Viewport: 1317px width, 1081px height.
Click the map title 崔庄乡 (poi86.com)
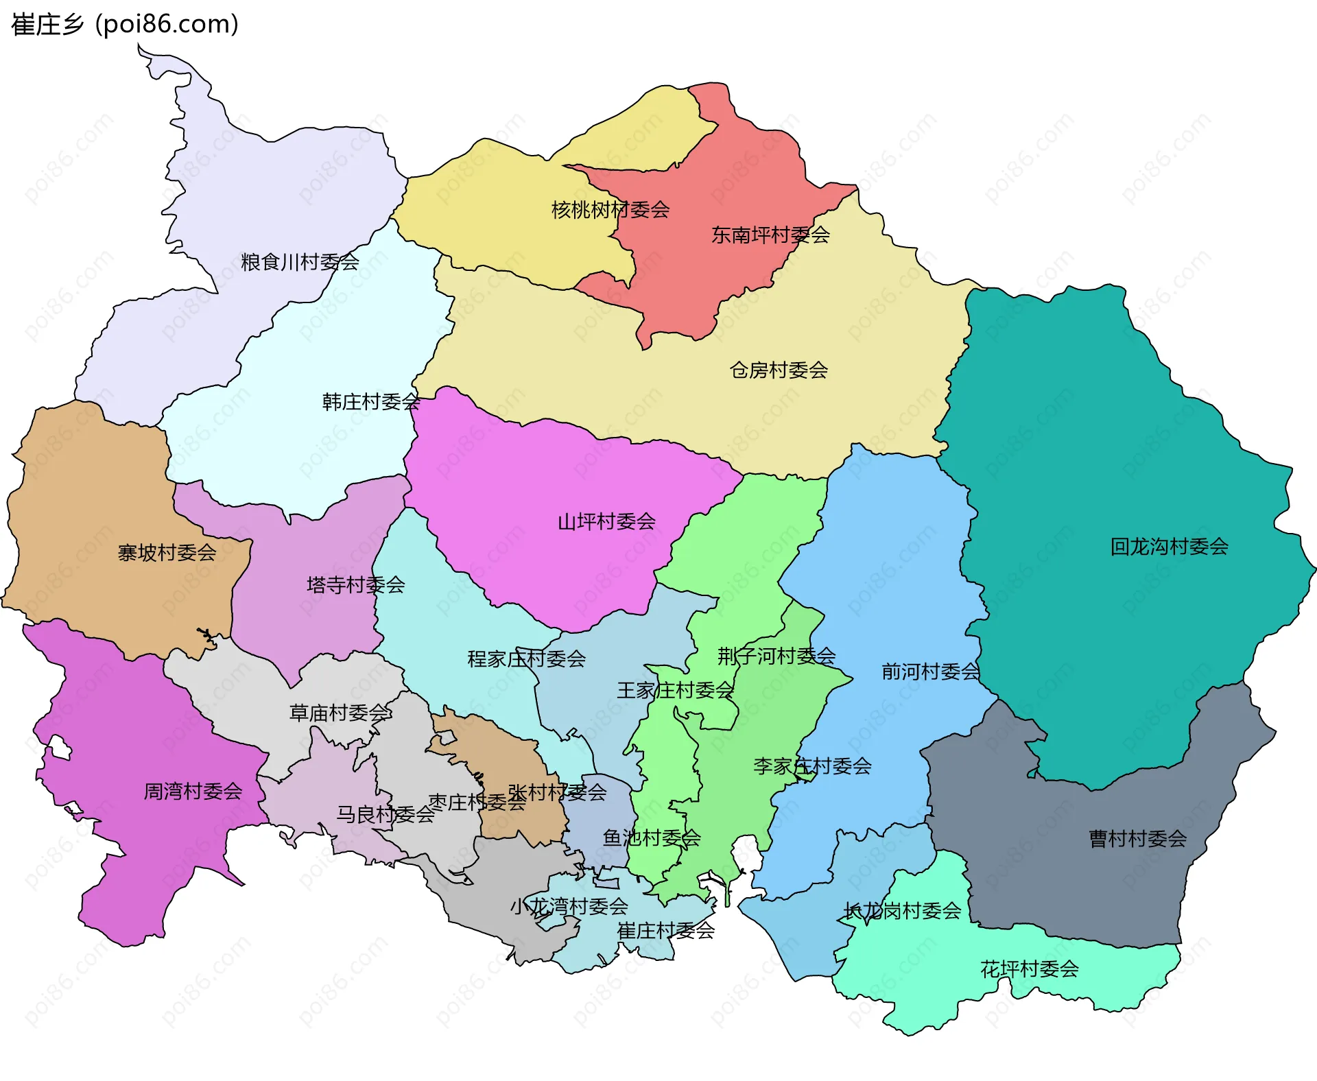click(x=125, y=25)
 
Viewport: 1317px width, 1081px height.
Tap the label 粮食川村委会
click(x=300, y=262)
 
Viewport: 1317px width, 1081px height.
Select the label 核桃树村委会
click(x=610, y=210)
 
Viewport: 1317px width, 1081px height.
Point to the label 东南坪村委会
click(x=770, y=235)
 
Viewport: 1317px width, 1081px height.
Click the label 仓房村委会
click(x=779, y=370)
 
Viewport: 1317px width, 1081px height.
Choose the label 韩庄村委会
click(x=371, y=402)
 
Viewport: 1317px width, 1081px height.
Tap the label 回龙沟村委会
click(x=1169, y=547)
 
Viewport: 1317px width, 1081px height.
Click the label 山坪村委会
click(x=606, y=522)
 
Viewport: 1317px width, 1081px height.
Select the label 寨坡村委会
click(x=167, y=553)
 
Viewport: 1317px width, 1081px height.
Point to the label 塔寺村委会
click(x=355, y=585)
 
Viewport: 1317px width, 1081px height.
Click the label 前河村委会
click(x=930, y=672)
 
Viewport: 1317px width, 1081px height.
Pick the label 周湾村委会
click(x=193, y=792)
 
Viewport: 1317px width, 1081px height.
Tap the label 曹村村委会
click(x=1137, y=839)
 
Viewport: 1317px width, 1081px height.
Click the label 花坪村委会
click(x=1029, y=969)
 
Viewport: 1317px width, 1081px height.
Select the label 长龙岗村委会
click(x=902, y=911)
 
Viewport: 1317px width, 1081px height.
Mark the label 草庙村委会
click(x=340, y=713)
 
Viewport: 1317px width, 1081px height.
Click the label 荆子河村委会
click(x=776, y=656)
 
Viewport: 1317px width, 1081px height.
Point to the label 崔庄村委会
click(x=665, y=931)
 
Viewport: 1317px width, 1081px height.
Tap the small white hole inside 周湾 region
click(x=60, y=748)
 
